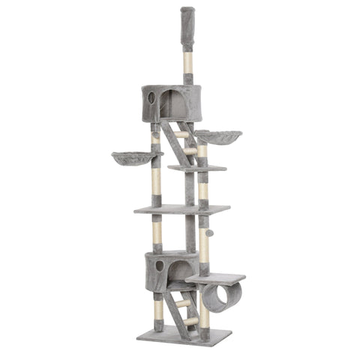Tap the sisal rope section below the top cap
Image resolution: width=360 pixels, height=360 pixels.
click(187, 62)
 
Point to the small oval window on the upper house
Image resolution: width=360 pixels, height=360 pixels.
click(151, 97)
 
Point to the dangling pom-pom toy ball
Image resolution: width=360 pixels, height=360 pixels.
click(210, 233)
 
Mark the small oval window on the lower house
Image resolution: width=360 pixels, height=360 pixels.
click(159, 265)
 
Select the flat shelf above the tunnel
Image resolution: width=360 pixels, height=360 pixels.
click(215, 278)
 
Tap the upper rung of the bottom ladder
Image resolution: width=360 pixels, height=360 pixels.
click(182, 304)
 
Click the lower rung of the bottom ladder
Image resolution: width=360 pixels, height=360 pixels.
click(190, 321)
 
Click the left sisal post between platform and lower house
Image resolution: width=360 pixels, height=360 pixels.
click(156, 235)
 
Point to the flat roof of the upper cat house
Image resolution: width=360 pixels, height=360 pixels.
click(172, 88)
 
